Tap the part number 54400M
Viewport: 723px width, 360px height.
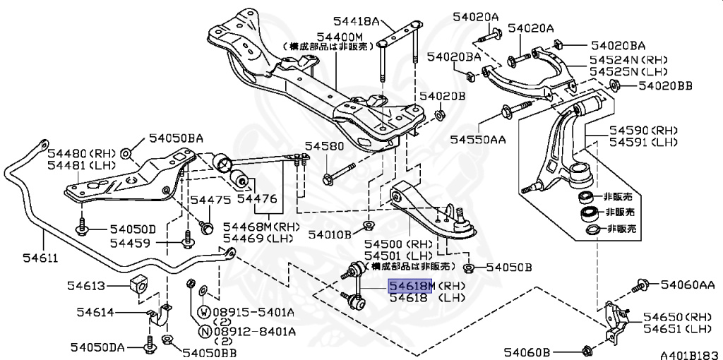pos(340,36)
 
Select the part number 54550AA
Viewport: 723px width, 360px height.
pos(478,140)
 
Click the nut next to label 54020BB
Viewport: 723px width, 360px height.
pos(614,86)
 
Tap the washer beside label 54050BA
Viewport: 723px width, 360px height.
pos(125,152)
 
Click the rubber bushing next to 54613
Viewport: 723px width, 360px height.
pos(138,284)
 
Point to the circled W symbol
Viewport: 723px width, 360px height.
pos(203,312)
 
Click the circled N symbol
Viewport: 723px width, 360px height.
pos(203,331)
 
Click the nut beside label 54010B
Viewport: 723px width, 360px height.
pos(368,227)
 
